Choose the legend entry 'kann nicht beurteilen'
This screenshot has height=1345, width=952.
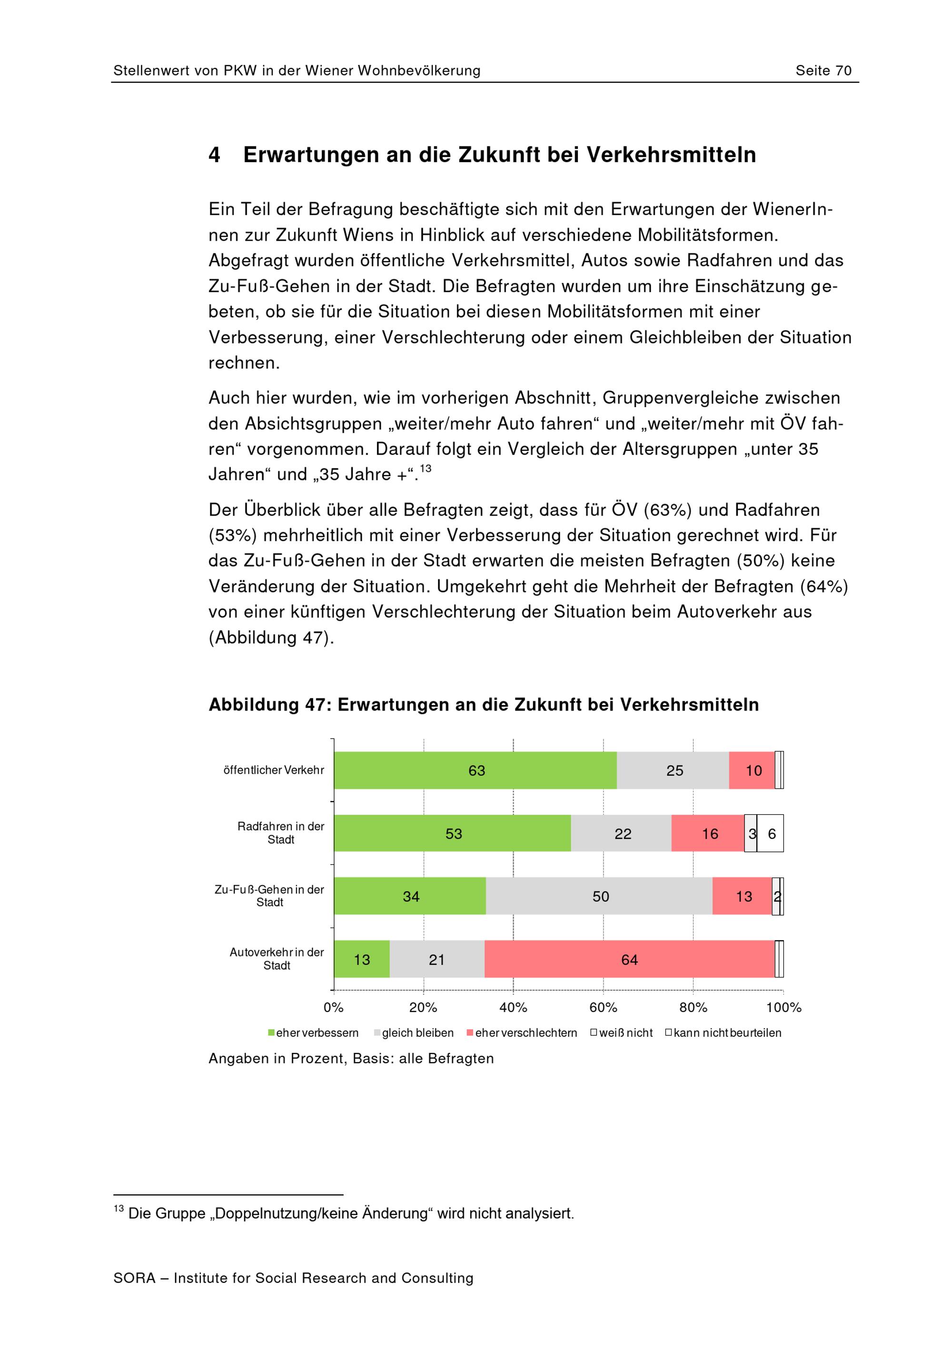click(x=724, y=1033)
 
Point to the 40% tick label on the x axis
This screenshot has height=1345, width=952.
click(x=514, y=1008)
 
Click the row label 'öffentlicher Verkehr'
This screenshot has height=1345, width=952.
click(x=274, y=770)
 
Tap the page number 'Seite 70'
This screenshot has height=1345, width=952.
click(x=823, y=71)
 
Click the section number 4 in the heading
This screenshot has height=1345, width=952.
click(x=215, y=155)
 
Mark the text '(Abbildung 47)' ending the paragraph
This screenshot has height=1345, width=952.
click(x=271, y=637)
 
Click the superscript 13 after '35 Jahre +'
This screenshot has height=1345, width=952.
click(x=426, y=468)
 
